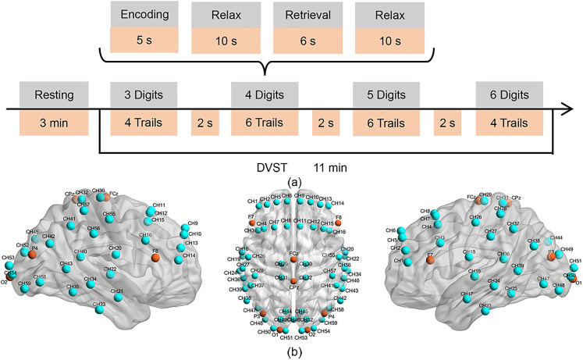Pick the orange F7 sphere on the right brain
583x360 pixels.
430,256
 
